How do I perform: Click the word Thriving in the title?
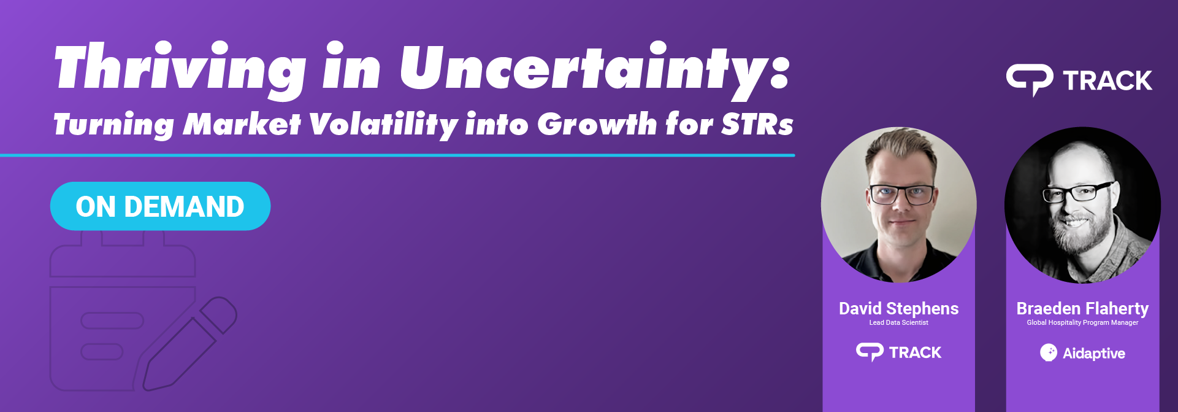pos(179,69)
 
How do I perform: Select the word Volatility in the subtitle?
pos(383,125)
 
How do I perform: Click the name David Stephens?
pos(898,308)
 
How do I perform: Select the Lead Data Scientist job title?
pos(898,322)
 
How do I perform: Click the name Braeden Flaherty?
pos(1082,308)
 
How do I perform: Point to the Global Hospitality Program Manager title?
pos(1082,322)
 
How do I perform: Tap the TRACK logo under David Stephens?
pos(898,352)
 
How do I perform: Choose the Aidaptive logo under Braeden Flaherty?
pos(1082,353)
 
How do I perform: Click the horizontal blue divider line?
pos(397,155)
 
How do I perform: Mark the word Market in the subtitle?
pos(242,124)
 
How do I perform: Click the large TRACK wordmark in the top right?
pos(1107,80)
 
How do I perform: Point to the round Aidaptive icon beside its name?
pos(1049,353)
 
